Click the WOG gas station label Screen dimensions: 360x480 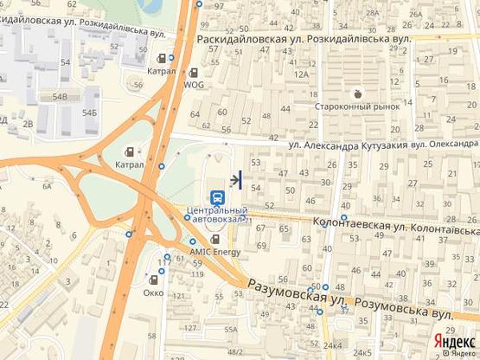194,86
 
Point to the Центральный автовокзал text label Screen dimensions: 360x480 218,215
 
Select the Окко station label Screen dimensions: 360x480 155,292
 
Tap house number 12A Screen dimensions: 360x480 302,74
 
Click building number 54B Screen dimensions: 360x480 60,98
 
